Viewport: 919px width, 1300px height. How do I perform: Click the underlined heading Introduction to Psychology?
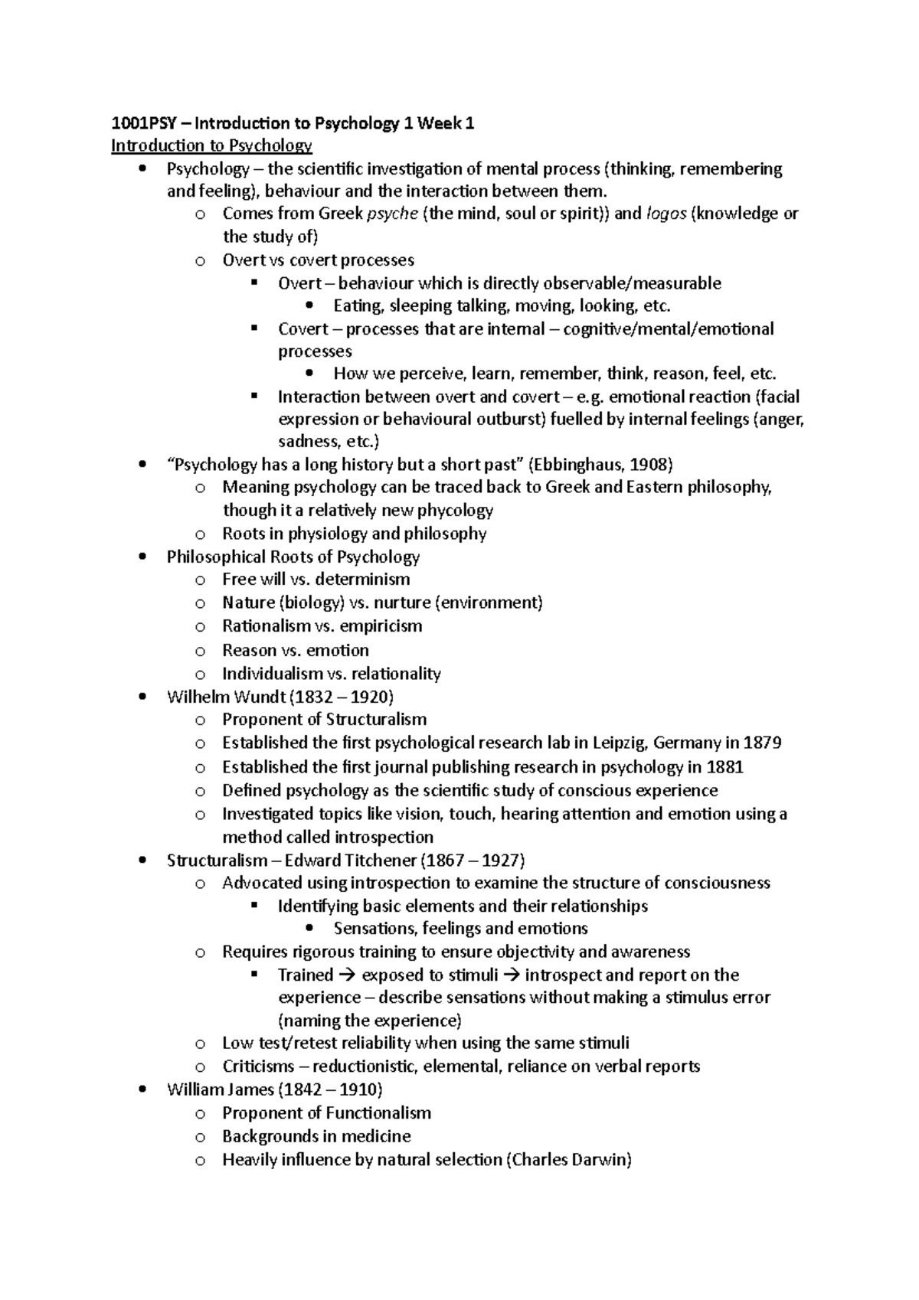211,145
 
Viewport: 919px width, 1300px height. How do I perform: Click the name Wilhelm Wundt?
215,697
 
